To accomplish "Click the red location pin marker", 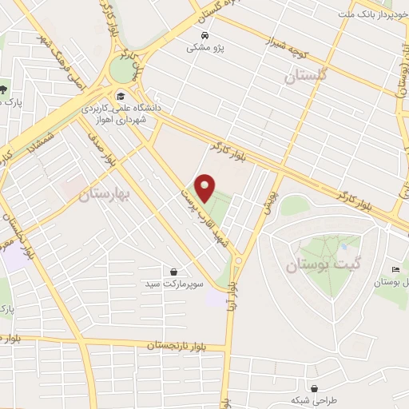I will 205,188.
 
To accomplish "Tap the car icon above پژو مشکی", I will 205,36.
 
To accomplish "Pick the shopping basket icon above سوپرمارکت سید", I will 173,272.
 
